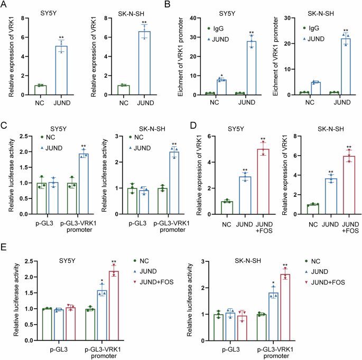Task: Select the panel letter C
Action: coord(5,126)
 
